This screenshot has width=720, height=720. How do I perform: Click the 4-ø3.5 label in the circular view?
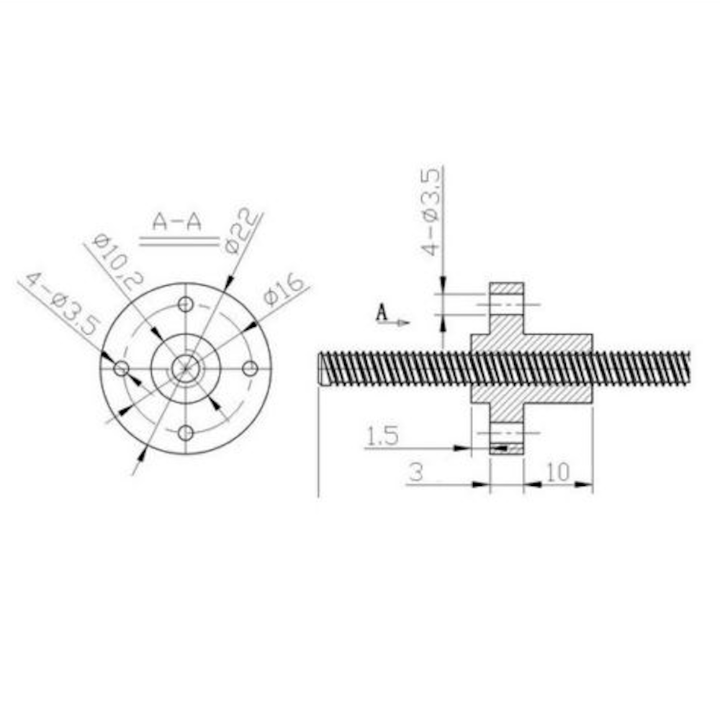tap(61, 303)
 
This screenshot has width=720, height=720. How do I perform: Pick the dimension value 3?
tap(415, 473)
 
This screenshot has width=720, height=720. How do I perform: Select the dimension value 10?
tap(558, 472)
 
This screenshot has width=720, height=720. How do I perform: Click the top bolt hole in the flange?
tap(186, 304)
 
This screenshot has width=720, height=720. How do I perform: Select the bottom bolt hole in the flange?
tap(186, 433)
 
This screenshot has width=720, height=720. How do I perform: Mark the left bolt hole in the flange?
tap(122, 369)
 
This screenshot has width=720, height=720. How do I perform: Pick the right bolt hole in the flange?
tap(250, 369)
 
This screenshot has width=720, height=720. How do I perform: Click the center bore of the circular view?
tap(186, 369)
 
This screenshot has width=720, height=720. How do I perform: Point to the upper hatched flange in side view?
tap(507, 295)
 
